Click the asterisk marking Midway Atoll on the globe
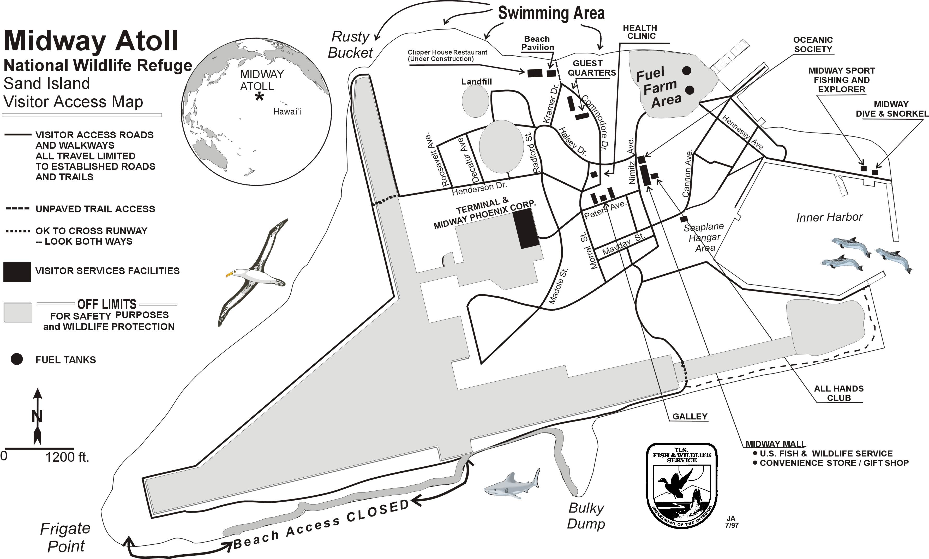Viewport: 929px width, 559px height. pos(259,97)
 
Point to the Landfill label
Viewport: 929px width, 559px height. pos(477,81)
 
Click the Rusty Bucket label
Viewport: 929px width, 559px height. pos(350,45)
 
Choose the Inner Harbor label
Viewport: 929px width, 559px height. pos(829,217)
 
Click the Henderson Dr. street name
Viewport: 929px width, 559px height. pos(479,188)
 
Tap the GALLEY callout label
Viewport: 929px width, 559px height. pos(690,416)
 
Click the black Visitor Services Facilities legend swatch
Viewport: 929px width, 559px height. pos(17,271)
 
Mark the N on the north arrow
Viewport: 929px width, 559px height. pos(37,417)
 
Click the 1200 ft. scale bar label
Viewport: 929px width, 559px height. pos(67,457)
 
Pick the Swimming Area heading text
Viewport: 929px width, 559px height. pos(551,13)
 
